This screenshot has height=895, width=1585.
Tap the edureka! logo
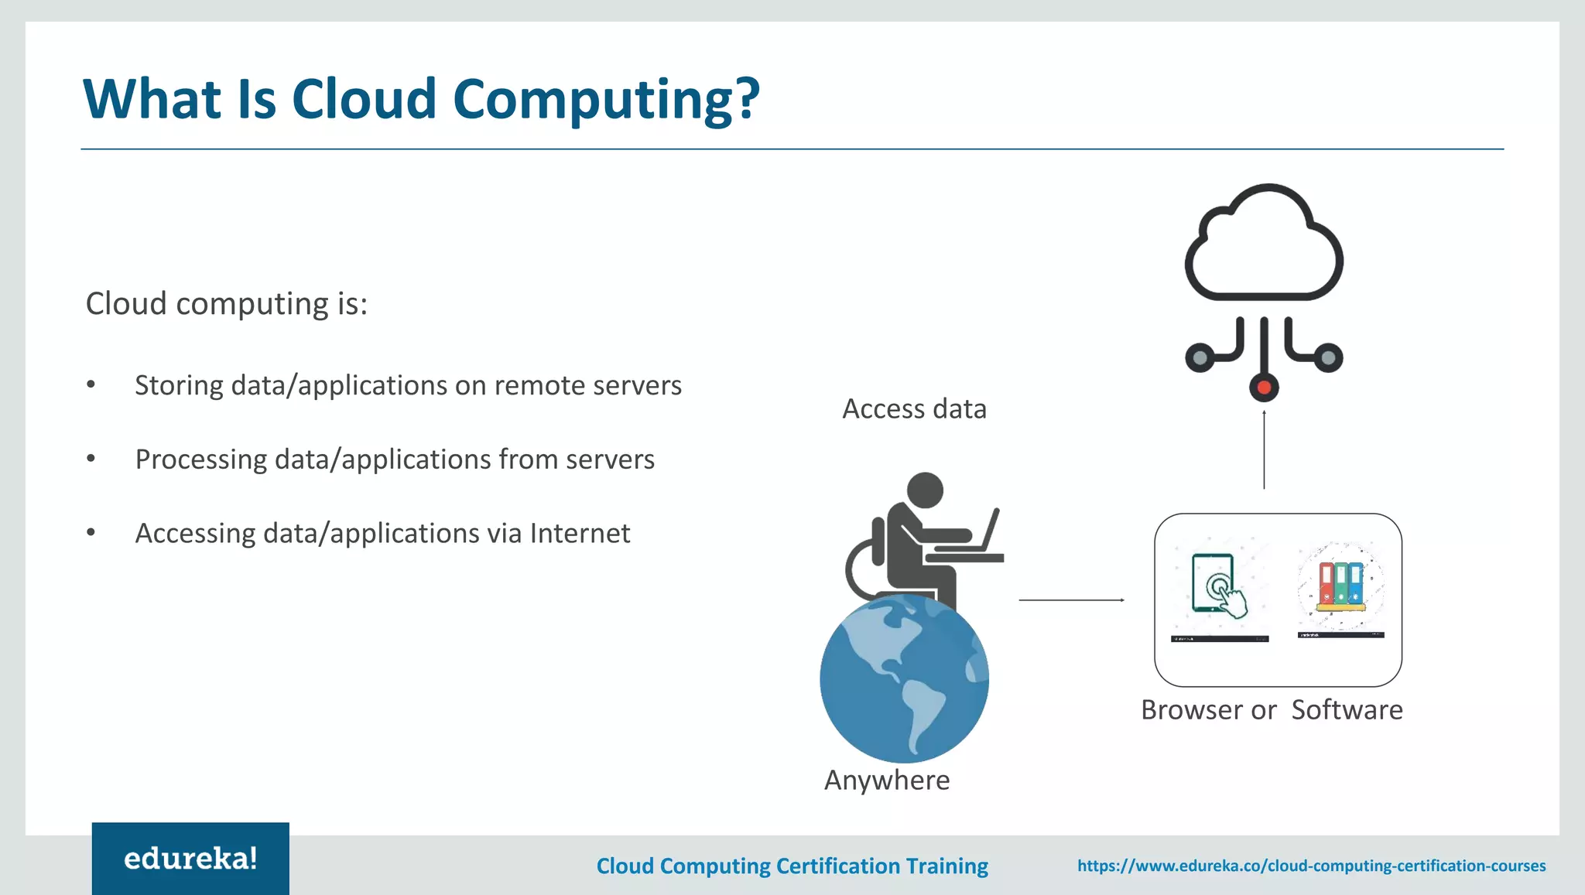(x=190, y=859)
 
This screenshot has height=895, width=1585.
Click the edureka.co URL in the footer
(x=1311, y=866)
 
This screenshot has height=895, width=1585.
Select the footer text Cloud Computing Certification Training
(x=792, y=866)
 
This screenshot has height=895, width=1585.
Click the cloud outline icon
(x=1263, y=244)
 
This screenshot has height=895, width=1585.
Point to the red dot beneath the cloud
(x=1264, y=387)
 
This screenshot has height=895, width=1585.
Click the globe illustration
(x=904, y=679)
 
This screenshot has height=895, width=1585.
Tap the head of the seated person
(x=924, y=490)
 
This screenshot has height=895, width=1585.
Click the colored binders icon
(x=1340, y=585)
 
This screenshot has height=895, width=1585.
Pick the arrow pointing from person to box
(x=1071, y=600)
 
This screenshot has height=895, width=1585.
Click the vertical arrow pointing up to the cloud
(x=1264, y=449)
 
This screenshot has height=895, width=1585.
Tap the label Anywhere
(x=887, y=780)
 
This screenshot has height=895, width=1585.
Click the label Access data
(x=914, y=408)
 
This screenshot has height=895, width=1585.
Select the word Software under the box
(x=1347, y=709)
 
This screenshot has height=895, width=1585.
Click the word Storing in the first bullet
(x=180, y=385)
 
